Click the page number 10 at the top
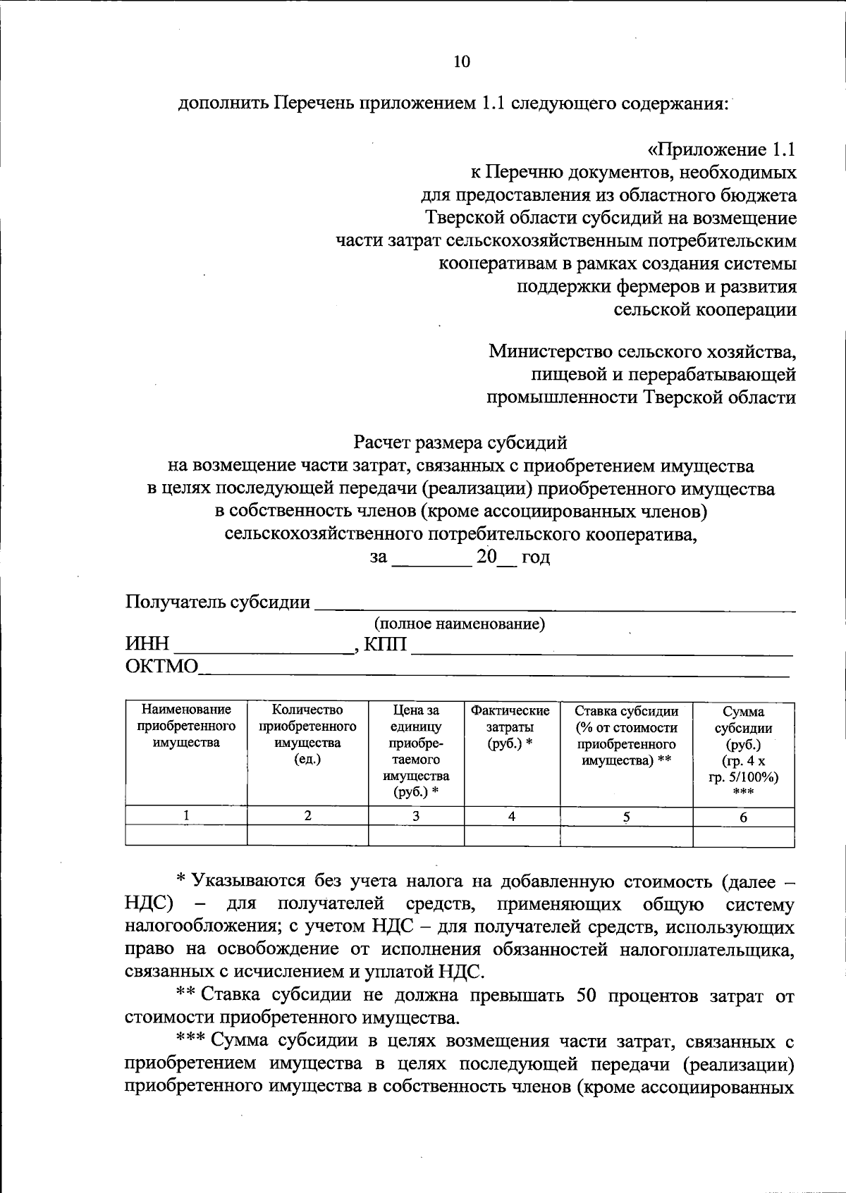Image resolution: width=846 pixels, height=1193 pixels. pyautogui.click(x=461, y=61)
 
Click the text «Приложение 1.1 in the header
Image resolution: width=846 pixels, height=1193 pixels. pyautogui.click(x=722, y=149)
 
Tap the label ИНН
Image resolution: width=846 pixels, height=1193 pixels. pyautogui.click(x=148, y=644)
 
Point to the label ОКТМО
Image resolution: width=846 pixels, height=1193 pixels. pyautogui.click(x=162, y=666)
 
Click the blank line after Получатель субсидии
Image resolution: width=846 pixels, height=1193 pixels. pyautogui.click(x=555, y=605)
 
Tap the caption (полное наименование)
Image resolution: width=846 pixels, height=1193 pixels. pyautogui.click(x=459, y=624)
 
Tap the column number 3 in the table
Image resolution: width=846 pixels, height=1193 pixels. pyautogui.click(x=416, y=816)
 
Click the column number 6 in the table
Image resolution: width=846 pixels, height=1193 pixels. pyautogui.click(x=743, y=817)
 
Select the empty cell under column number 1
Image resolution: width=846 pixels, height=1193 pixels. pyautogui.click(x=186, y=836)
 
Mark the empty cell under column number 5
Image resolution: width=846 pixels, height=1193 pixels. pyautogui.click(x=626, y=836)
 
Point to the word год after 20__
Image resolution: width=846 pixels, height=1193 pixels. pyautogui.click(x=535, y=557)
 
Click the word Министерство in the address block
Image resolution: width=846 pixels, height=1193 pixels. pyautogui.click(x=551, y=351)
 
